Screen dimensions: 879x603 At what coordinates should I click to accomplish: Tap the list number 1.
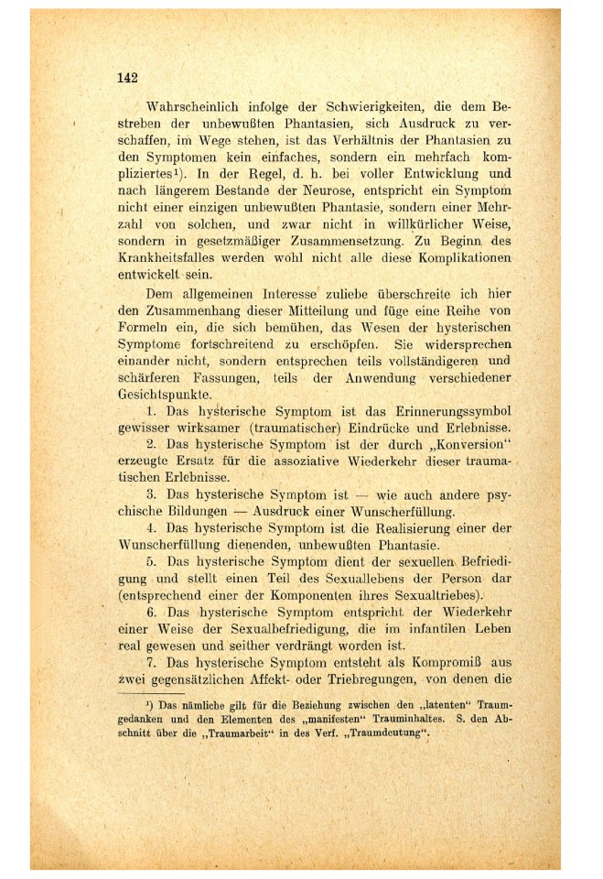pos(152,412)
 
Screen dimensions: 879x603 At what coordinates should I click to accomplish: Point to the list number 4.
pos(152,530)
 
